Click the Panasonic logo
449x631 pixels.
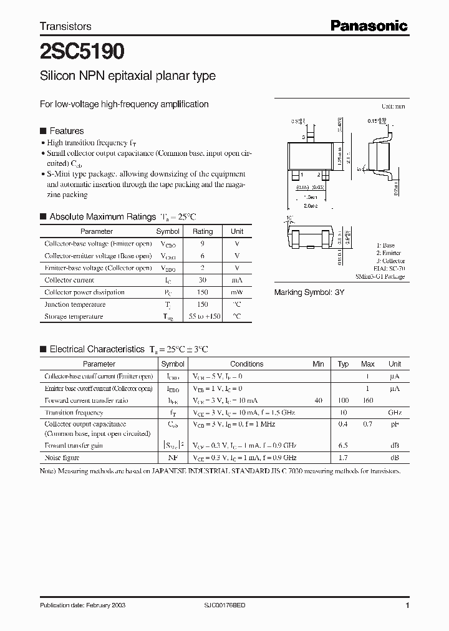(x=369, y=26)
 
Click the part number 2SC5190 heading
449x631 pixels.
(x=81, y=51)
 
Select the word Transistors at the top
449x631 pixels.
(x=65, y=26)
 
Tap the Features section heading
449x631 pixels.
(x=66, y=131)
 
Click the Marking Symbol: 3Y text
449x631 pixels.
(x=309, y=292)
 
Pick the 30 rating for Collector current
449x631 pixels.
(x=203, y=280)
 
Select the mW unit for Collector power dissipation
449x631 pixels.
(x=237, y=292)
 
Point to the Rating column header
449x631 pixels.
(x=203, y=231)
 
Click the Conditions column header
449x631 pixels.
(x=246, y=364)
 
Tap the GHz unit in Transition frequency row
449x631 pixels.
(x=395, y=413)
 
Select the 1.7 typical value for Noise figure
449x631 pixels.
(x=343, y=458)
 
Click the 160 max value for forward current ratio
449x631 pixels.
(x=368, y=400)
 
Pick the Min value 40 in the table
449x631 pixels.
(x=319, y=400)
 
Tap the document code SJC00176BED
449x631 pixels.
(x=229, y=605)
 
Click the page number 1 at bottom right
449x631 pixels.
(x=407, y=605)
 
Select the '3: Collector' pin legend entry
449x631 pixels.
(x=390, y=261)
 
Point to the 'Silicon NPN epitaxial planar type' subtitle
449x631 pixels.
(x=128, y=76)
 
